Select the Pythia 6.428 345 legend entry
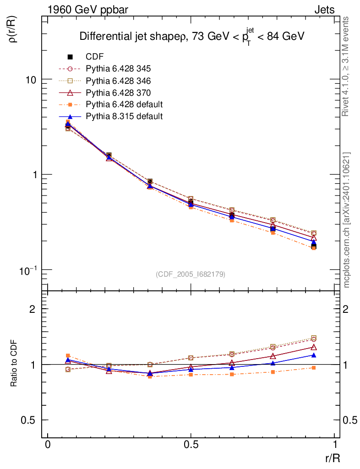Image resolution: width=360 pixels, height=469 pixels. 118,69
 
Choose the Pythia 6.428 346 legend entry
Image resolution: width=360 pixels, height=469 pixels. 118,81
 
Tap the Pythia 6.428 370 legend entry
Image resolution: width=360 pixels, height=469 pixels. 118,93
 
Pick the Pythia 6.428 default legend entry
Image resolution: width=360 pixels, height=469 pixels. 124,104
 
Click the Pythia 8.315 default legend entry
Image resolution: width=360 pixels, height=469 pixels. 124,116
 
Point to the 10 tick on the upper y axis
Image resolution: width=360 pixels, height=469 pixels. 31,79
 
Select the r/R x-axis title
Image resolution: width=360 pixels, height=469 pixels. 332,458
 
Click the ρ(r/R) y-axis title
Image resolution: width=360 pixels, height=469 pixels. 12,29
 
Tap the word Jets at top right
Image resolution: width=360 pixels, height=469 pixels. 324,10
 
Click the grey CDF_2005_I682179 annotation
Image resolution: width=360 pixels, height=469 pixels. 191,274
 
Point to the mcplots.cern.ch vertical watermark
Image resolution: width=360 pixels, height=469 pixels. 347,220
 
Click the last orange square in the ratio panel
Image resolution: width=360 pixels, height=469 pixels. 314,368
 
